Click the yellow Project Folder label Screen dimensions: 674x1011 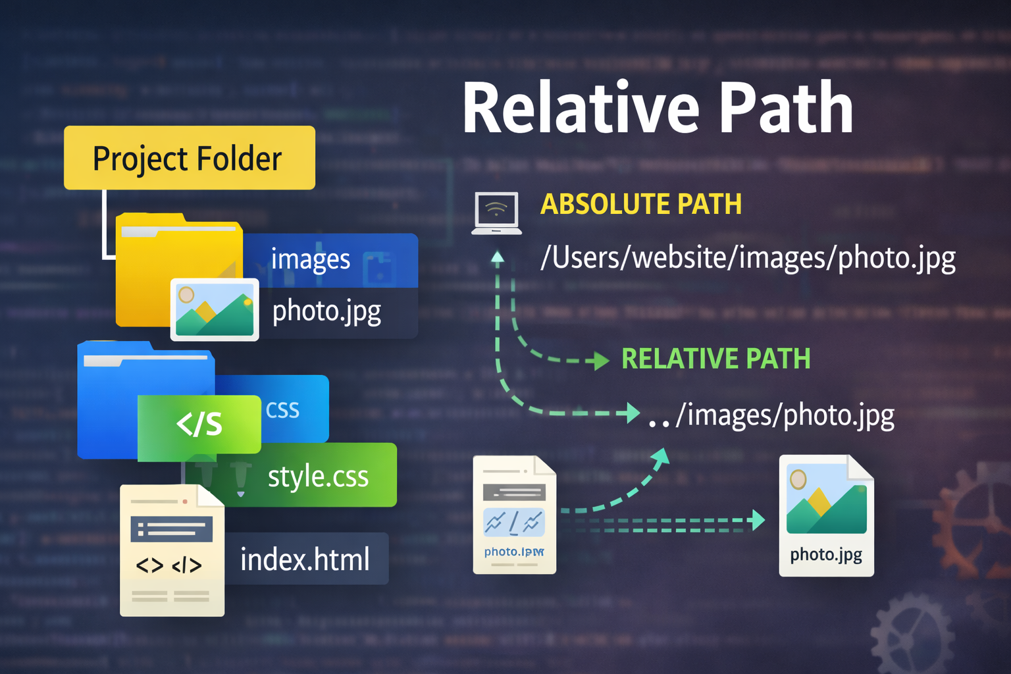[189, 158]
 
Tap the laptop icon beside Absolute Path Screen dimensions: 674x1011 [497, 213]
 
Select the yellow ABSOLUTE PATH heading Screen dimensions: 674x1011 [640, 204]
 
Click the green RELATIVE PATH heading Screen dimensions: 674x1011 [715, 359]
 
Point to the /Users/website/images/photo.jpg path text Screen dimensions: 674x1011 [748, 257]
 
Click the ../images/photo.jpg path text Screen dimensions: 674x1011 [771, 415]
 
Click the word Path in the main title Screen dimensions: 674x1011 [786, 109]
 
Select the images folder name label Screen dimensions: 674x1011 [311, 259]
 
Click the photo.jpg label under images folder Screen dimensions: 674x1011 [326, 311]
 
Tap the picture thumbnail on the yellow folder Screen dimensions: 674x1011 [215, 309]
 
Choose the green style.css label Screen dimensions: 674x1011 [318, 476]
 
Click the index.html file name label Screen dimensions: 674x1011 [305, 559]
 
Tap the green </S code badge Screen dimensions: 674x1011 [199, 425]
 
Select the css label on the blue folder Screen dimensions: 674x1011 [282, 410]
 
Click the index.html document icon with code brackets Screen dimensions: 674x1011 [172, 550]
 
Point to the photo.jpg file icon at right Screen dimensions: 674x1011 [826, 515]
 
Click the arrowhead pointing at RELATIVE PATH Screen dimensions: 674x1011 [601, 361]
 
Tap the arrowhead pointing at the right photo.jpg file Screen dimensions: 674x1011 [758, 521]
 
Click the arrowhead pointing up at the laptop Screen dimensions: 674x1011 [498, 257]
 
